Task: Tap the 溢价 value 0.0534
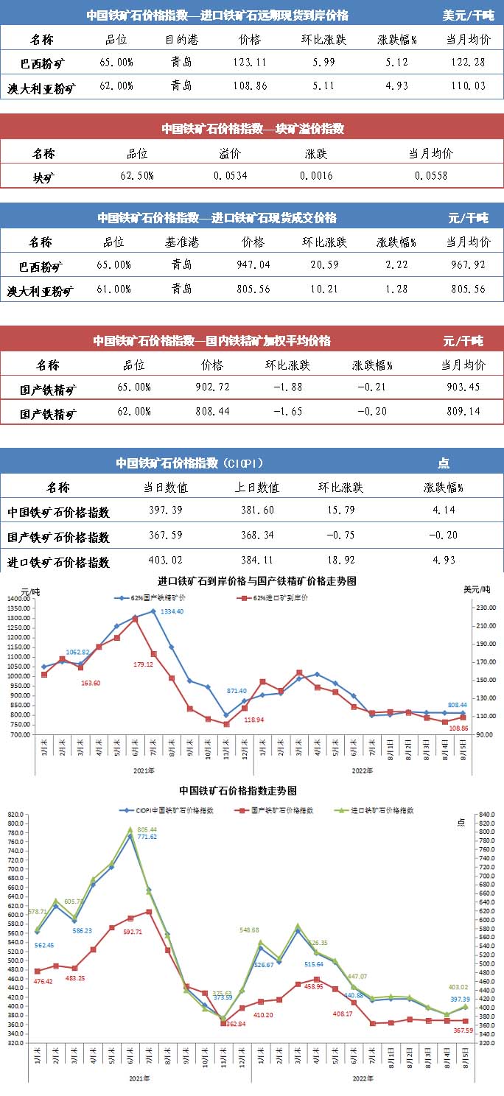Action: click(x=230, y=176)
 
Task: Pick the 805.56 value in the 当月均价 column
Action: click(x=466, y=289)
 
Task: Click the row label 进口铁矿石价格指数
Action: click(x=59, y=562)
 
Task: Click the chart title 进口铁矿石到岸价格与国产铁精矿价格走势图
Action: click(x=257, y=581)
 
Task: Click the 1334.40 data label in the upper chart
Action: click(x=172, y=612)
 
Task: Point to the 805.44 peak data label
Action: click(x=147, y=830)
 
